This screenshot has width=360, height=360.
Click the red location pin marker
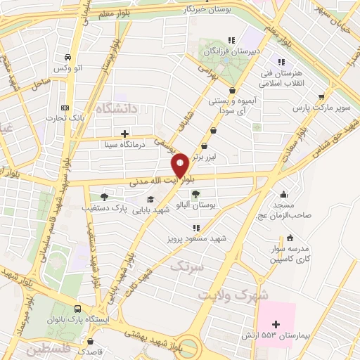[x=180, y=165]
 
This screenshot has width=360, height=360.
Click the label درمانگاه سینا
[x=124, y=145]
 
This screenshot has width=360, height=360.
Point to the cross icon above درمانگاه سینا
[x=124, y=133]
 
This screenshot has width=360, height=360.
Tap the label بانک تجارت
[x=65, y=119]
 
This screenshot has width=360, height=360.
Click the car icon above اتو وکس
[x=66, y=58]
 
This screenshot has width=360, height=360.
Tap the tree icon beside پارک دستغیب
[x=104, y=197]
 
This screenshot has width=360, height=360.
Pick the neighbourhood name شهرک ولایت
[x=233, y=295]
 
